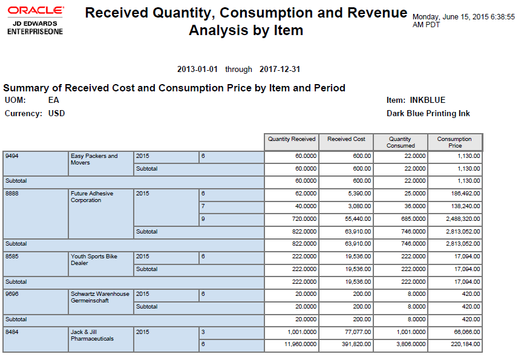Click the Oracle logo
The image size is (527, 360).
[x=35, y=11]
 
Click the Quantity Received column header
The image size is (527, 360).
[x=292, y=139]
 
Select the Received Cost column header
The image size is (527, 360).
[x=346, y=139]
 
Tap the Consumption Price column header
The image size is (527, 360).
[x=454, y=142]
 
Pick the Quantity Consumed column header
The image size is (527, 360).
[x=401, y=142]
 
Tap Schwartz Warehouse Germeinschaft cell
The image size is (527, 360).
[x=100, y=297]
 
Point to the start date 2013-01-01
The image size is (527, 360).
[x=197, y=70]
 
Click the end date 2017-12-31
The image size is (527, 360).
[x=280, y=70]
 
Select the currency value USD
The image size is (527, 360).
[x=56, y=113]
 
